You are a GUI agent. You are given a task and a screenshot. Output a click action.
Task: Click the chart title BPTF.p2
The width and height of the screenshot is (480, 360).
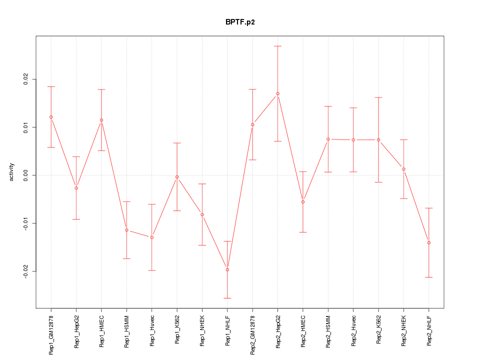240,22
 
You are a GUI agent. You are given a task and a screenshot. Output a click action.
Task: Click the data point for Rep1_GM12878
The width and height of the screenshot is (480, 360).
51,117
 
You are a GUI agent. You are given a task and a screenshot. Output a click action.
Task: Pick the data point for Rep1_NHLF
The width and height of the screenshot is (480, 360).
227,269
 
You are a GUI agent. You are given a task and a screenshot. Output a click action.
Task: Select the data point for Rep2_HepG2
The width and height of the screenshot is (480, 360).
277,93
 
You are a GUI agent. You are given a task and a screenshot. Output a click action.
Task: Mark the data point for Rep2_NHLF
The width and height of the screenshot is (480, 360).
428,242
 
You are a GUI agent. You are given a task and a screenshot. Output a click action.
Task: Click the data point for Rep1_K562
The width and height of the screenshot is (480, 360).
177,176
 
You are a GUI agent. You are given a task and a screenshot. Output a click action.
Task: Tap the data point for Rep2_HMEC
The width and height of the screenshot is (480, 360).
303,201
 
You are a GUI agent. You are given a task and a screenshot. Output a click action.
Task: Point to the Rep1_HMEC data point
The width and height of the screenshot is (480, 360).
101,120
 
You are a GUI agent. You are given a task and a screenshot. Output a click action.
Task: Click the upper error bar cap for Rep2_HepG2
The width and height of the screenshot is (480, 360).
277,46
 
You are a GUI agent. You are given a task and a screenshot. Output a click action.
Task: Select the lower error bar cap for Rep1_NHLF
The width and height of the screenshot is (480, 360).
227,298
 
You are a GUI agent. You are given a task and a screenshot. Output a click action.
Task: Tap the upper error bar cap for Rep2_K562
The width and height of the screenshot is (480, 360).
378,97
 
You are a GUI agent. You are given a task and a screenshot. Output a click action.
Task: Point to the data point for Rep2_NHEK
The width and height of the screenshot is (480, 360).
403,169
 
